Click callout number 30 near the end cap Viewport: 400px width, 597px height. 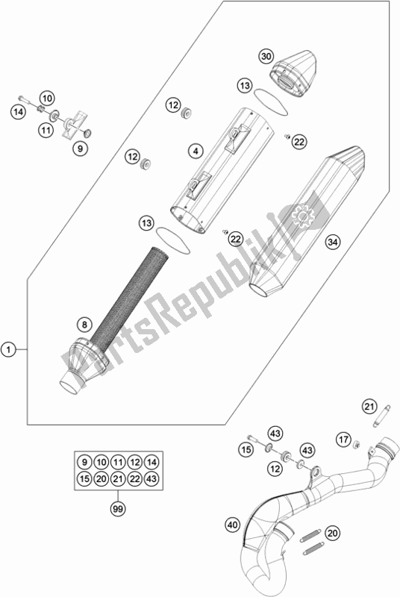tap(266, 57)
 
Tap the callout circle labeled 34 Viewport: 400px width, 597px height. tap(333, 242)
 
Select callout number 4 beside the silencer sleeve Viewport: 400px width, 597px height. tap(196, 151)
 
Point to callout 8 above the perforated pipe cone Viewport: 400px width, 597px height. tap(84, 325)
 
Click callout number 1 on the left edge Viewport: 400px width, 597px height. tap(8, 349)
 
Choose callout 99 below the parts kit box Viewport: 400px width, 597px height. tap(118, 509)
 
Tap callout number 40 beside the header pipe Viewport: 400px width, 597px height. tap(233, 525)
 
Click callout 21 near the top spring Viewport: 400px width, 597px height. tap(369, 407)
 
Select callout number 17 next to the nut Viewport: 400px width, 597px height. tap(344, 440)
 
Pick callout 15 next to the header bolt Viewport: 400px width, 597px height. tap(246, 450)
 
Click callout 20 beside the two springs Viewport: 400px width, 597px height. tap(333, 533)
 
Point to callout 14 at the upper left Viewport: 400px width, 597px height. tap(18, 112)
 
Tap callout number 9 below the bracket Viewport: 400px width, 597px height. tap(80, 149)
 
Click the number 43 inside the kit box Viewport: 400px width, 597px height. tap(151, 478)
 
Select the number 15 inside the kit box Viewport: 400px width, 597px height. tap(84, 478)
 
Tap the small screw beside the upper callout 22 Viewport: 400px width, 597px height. tap(287, 136)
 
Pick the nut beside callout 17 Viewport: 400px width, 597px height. tap(357, 444)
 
